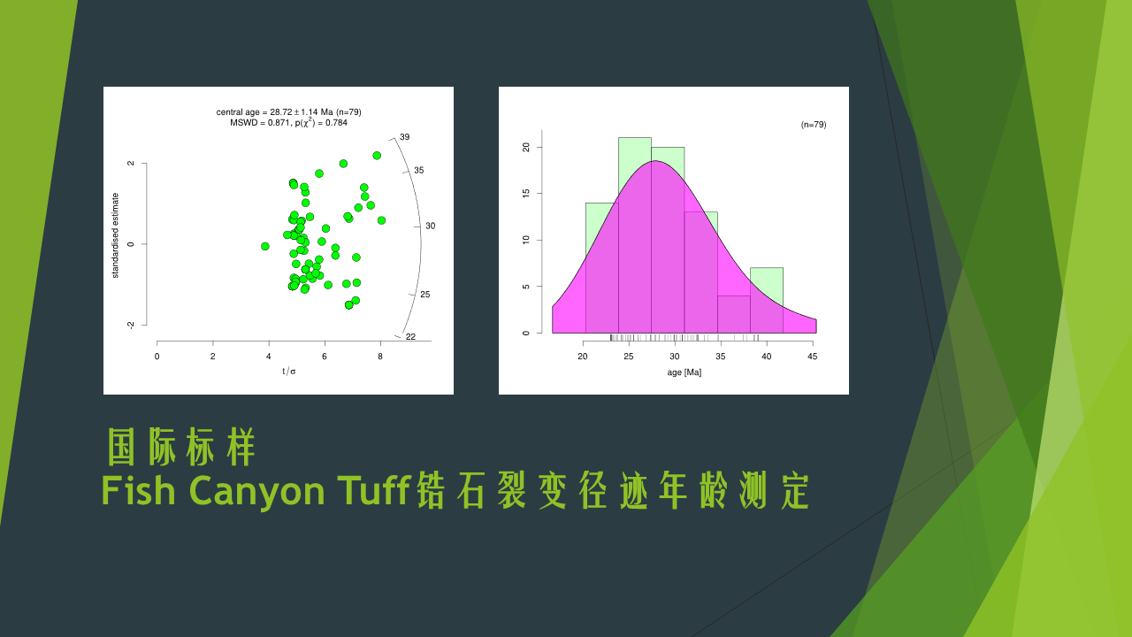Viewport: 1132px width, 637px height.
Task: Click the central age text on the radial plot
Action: [x=288, y=112]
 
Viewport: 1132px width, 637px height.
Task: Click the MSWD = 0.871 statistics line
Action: [x=288, y=123]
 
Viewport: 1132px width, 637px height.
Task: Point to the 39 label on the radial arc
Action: [x=405, y=137]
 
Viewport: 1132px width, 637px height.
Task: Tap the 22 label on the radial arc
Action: [x=411, y=337]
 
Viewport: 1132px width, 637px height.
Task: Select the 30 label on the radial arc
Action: [x=431, y=226]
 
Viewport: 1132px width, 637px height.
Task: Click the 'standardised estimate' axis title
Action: [x=115, y=235]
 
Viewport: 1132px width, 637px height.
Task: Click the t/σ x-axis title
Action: [x=289, y=372]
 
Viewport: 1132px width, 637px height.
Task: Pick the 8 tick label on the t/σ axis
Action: [x=380, y=357]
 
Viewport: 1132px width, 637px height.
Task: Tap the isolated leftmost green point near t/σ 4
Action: [x=264, y=246]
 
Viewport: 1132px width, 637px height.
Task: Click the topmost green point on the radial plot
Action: [x=377, y=156]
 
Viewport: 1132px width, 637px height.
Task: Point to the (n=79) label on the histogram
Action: [x=814, y=125]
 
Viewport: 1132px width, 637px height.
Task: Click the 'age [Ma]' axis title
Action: [x=685, y=372]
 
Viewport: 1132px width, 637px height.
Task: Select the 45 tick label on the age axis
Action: [x=812, y=357]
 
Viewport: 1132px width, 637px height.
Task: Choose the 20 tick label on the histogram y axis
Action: [x=526, y=147]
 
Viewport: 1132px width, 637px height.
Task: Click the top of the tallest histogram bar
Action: [x=635, y=137]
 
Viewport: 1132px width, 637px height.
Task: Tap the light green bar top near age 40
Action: [x=767, y=268]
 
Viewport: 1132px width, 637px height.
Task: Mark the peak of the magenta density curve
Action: [x=655, y=161]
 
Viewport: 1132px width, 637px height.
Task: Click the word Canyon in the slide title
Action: [x=256, y=490]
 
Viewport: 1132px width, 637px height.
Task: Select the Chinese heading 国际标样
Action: [x=181, y=447]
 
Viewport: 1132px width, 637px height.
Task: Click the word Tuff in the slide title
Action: [x=373, y=489]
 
